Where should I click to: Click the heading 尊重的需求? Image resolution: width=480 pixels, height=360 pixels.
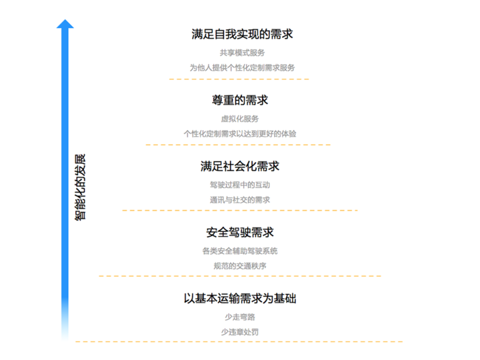240,100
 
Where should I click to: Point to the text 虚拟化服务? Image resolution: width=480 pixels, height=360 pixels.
240,119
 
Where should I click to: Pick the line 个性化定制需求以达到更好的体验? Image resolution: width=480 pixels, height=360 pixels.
240,133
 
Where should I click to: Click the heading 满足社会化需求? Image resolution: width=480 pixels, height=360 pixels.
240,166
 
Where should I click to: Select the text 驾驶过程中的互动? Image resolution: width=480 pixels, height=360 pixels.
240,185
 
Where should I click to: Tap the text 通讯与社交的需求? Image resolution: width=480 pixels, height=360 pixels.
240,199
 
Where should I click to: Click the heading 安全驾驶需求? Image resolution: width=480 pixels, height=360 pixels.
240,232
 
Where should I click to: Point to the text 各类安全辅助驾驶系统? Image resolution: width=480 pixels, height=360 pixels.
240,251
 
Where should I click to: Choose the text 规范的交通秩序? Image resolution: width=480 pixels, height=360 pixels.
240,265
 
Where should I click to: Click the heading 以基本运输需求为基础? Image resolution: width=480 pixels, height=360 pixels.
240,298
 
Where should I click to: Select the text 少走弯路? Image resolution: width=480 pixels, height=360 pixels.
240,317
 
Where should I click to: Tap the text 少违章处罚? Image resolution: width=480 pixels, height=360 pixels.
240,331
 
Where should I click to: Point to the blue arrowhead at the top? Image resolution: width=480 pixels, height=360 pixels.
65,25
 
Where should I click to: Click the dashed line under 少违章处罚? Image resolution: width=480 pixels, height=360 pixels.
240,342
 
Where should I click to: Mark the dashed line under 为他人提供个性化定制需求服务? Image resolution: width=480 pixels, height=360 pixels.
240,79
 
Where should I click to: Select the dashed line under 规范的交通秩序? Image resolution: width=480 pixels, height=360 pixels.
240,276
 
